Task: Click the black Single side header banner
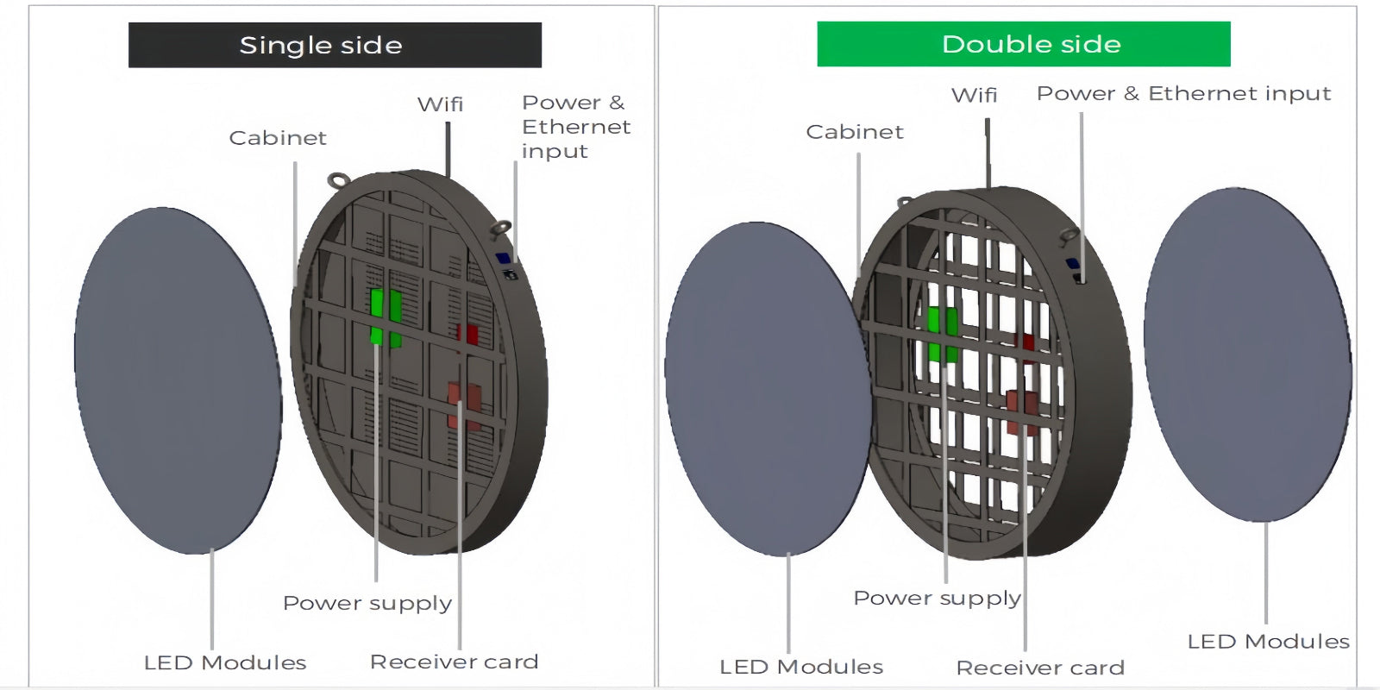click(x=335, y=45)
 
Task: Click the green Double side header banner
click(x=1023, y=44)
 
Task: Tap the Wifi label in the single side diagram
click(x=440, y=104)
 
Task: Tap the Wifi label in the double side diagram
click(x=974, y=95)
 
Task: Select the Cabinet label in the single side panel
click(x=278, y=138)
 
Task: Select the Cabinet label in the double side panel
click(x=855, y=132)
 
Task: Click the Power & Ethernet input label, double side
click(x=1183, y=93)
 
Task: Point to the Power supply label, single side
click(x=367, y=603)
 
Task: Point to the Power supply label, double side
click(x=937, y=598)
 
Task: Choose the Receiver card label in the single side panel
click(x=454, y=662)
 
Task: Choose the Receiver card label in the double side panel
click(x=1040, y=668)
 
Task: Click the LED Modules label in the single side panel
click(x=225, y=662)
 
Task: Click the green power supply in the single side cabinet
click(x=386, y=317)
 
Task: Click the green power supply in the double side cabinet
click(x=942, y=333)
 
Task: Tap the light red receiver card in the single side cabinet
click(x=464, y=405)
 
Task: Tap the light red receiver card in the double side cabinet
click(x=1022, y=411)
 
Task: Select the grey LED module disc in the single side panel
click(x=178, y=379)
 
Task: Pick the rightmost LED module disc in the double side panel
click(x=1247, y=354)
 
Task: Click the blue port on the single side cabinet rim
click(x=503, y=258)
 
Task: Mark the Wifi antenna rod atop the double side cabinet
click(x=988, y=151)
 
